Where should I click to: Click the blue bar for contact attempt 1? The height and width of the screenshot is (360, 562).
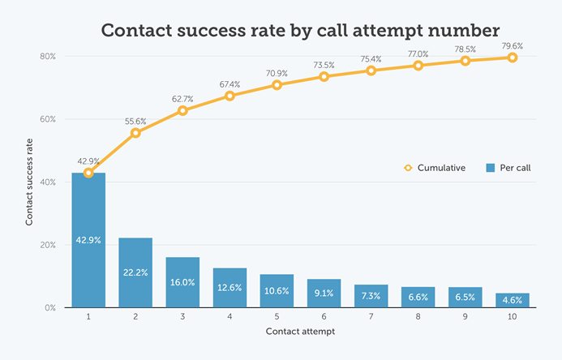coord(88,243)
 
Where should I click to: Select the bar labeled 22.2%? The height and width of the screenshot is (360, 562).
coord(135,272)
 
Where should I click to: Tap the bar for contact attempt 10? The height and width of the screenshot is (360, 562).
coord(513,301)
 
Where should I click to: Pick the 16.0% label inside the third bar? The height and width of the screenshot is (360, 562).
coord(182,284)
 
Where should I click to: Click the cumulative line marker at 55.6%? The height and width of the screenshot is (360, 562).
coord(135,132)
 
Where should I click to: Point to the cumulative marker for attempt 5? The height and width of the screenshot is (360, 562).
coord(277,84)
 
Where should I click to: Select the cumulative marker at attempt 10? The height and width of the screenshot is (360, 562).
coord(513,58)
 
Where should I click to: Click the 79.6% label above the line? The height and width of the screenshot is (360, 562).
coord(513,45)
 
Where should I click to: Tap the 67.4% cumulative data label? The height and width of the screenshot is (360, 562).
coord(230,84)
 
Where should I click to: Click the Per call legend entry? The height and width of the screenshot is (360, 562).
coord(508,168)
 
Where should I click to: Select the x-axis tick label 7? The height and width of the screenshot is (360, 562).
coord(371,317)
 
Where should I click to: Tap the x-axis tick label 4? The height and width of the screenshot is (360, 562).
coord(230,317)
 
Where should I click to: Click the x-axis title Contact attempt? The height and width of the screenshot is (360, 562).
coord(300,333)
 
